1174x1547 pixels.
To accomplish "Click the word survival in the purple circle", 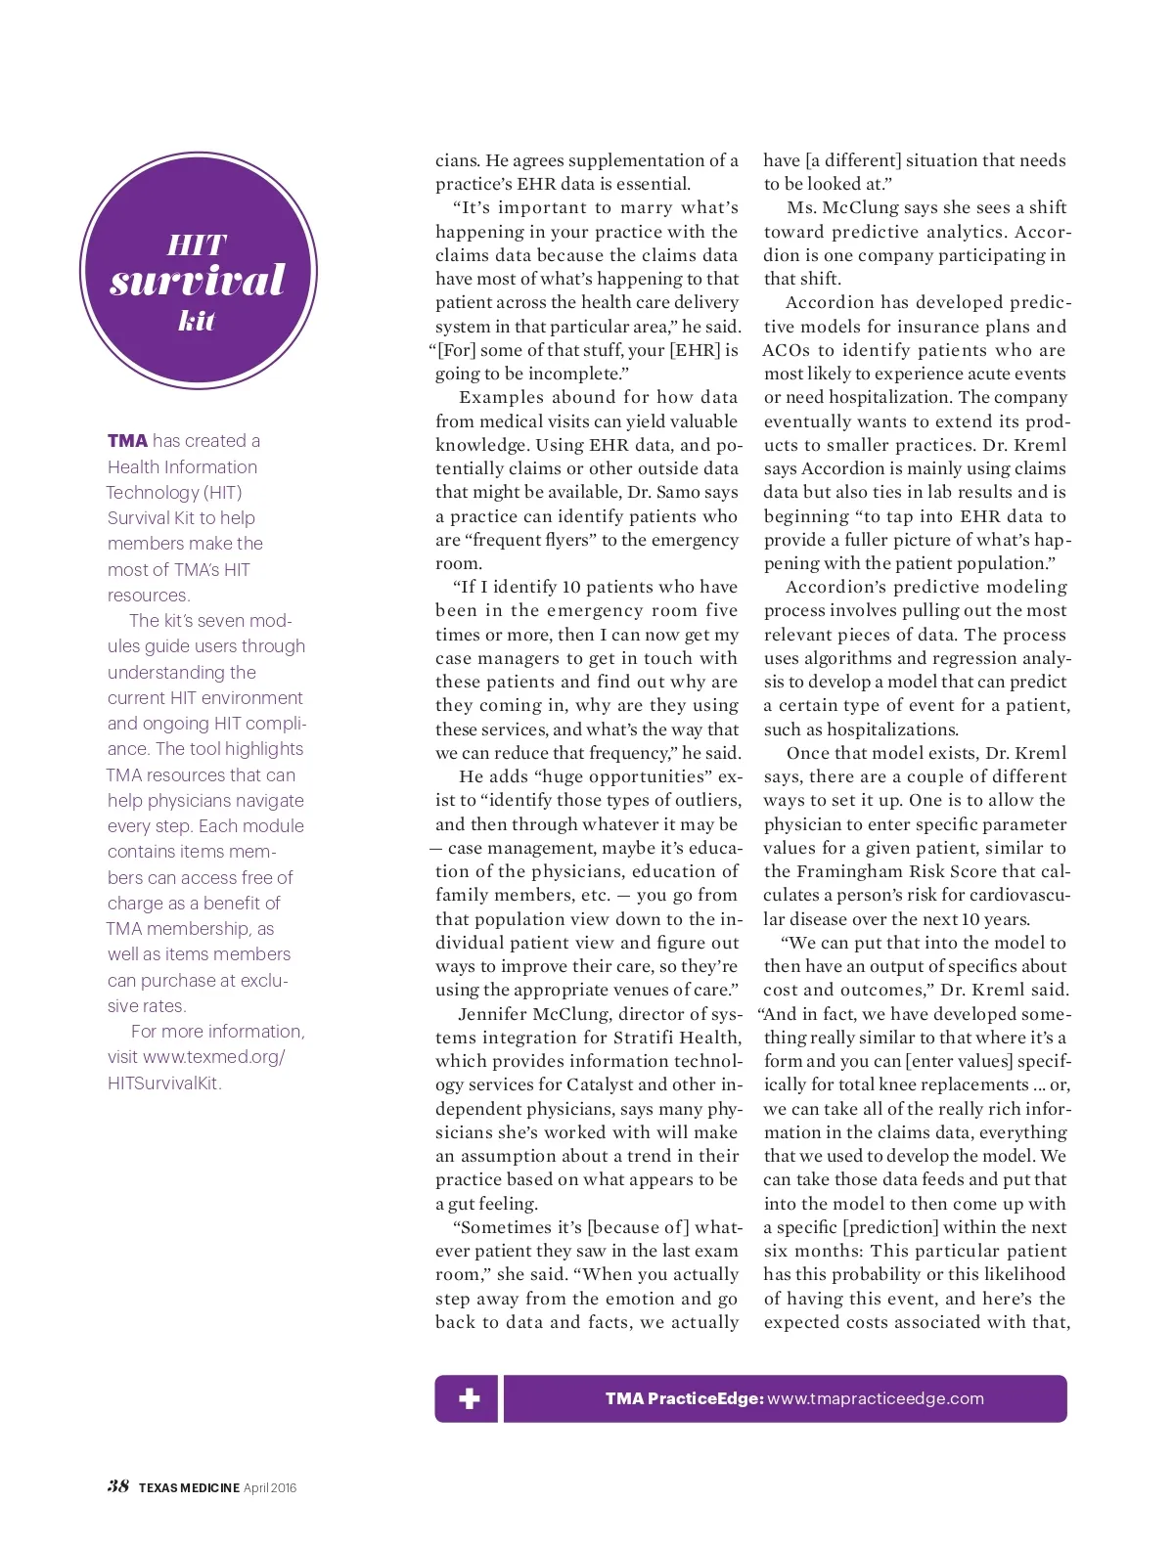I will coord(198,281).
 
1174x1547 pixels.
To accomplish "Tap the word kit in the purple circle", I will coord(197,321).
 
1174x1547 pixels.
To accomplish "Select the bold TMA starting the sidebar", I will coord(127,441).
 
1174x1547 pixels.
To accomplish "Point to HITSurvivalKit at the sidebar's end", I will coord(164,1083).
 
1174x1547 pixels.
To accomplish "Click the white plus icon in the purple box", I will coord(470,1398).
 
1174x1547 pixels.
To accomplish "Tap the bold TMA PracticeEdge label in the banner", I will coord(684,1398).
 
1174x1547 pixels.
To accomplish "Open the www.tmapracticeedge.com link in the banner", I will coord(876,1398).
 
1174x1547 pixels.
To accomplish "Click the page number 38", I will coord(118,1486).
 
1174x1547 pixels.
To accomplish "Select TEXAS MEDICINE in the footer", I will coord(189,1488).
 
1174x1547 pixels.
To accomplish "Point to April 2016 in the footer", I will coord(270,1488).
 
